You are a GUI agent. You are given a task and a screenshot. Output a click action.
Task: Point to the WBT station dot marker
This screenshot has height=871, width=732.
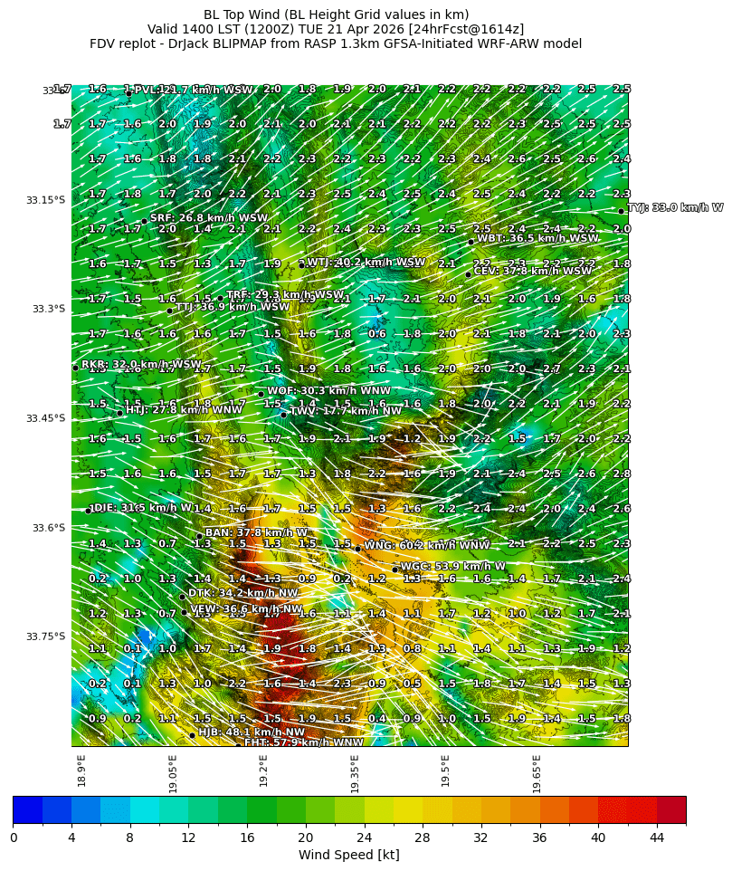click(471, 242)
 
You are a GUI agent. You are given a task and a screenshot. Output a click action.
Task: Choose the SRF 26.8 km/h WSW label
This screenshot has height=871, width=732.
click(209, 218)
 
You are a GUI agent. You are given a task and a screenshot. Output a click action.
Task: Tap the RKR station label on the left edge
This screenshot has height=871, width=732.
click(141, 364)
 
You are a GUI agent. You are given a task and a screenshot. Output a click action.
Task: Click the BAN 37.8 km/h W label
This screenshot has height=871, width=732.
click(256, 532)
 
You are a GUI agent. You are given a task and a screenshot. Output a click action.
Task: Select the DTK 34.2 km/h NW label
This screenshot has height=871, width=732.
click(242, 593)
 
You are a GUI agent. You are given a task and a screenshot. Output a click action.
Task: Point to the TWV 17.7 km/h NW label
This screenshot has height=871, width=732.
click(346, 411)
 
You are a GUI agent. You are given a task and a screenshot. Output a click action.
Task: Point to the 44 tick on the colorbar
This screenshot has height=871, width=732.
click(656, 837)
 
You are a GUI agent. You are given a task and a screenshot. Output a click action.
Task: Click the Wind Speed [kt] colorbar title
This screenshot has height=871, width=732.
click(348, 855)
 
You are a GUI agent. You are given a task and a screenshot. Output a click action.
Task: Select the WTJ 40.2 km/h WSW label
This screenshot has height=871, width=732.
click(366, 263)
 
